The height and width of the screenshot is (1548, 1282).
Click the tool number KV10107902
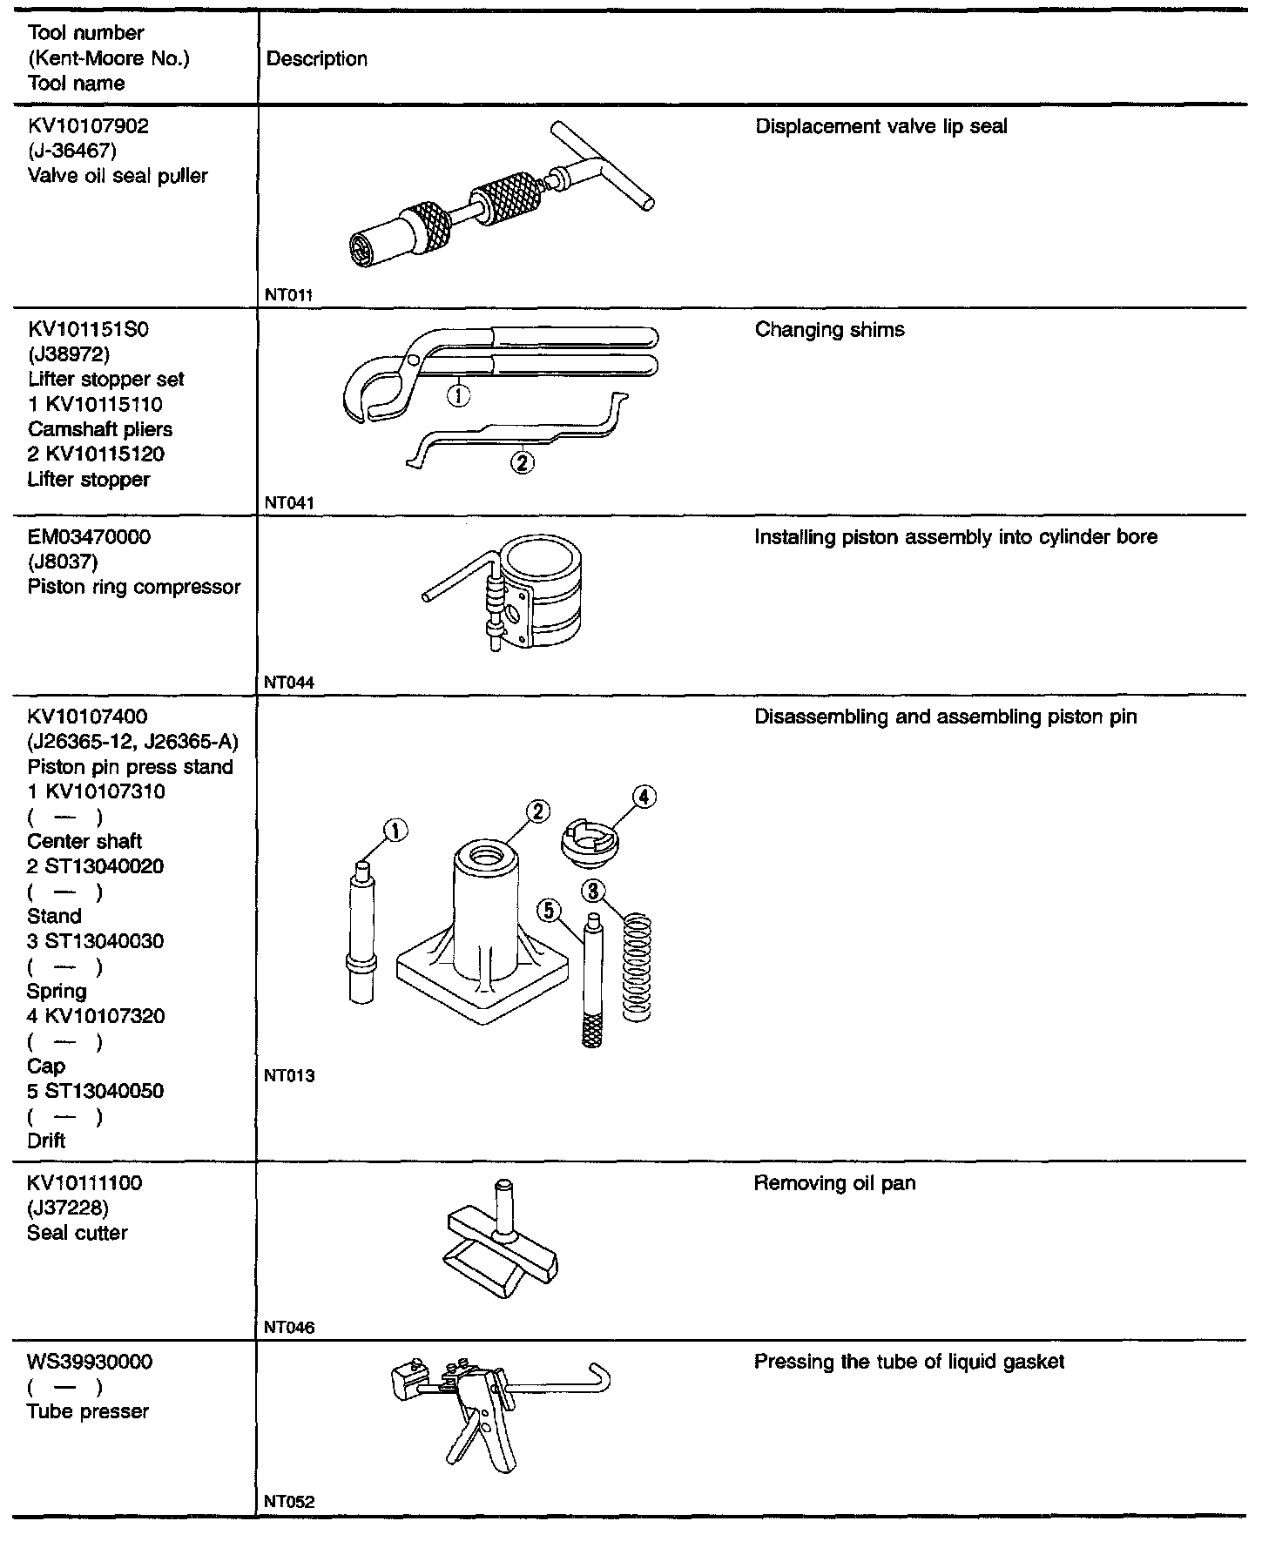(88, 126)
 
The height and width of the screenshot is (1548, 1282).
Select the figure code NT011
(288, 295)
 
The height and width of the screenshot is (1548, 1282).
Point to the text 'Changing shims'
(829, 330)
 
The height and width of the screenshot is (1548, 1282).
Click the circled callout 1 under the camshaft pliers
(458, 396)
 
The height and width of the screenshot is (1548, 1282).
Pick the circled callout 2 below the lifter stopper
(522, 462)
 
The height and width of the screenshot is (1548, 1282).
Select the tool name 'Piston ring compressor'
(133, 587)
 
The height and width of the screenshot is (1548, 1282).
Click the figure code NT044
(288, 683)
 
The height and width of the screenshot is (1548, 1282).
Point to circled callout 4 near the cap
(644, 797)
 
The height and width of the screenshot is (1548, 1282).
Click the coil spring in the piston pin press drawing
(638, 966)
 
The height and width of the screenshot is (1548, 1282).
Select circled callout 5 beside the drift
(549, 911)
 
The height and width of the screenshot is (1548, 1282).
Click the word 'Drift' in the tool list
(46, 1141)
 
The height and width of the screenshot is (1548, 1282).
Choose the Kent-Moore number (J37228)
(69, 1208)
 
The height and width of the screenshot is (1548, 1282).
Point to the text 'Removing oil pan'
(834, 1184)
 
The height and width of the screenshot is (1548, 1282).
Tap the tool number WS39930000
(90, 1362)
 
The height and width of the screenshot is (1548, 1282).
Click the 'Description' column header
(316, 59)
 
